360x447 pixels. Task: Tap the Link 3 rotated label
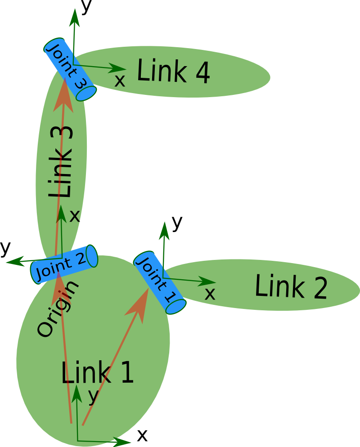[x=61, y=162]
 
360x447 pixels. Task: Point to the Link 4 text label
[x=173, y=72]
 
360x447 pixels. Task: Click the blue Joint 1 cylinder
[x=159, y=282]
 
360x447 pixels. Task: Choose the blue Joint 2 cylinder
[x=63, y=264]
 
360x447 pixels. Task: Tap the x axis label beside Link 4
[x=120, y=81]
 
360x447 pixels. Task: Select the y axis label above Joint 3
[x=86, y=7]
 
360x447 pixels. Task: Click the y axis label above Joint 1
[x=177, y=222]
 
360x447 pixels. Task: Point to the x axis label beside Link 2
[x=210, y=294]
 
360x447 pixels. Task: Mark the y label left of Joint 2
[x=5, y=248]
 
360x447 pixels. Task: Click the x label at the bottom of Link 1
[x=142, y=435]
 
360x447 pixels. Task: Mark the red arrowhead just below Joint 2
[x=59, y=288]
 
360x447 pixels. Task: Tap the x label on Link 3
[x=75, y=216]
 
